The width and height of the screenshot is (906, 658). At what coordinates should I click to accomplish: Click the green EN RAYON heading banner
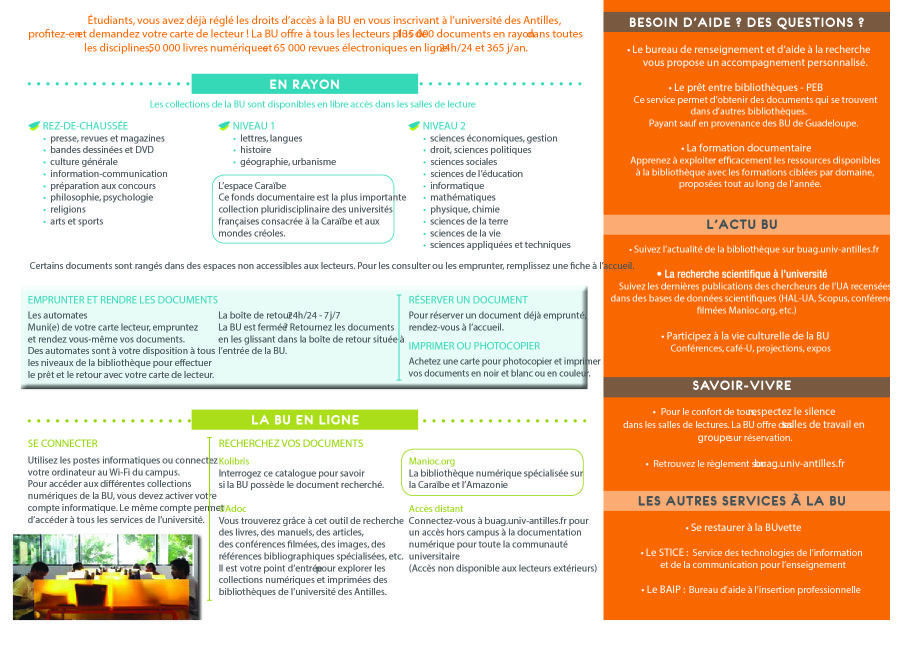click(304, 84)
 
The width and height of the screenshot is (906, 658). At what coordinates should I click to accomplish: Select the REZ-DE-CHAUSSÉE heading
click(85, 125)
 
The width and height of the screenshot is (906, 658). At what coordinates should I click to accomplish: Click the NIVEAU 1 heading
click(254, 125)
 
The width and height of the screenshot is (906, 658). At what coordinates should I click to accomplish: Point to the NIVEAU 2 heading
click(444, 125)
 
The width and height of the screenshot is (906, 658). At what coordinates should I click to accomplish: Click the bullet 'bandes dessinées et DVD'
click(102, 150)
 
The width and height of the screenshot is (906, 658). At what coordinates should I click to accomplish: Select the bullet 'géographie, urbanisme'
click(288, 162)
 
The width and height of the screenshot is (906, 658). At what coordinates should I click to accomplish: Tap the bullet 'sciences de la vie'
click(465, 233)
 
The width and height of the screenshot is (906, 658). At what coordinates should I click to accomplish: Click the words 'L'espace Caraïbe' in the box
click(252, 186)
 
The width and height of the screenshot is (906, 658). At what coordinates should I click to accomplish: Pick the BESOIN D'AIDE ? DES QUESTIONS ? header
click(747, 22)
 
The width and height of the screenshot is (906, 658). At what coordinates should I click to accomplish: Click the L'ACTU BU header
click(747, 225)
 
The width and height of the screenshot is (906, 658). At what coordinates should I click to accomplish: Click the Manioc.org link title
click(432, 461)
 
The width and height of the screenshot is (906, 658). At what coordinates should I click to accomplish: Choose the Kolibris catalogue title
click(234, 461)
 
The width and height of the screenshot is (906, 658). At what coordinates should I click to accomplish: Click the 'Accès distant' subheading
click(436, 509)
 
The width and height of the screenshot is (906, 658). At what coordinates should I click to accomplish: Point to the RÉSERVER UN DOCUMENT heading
click(468, 299)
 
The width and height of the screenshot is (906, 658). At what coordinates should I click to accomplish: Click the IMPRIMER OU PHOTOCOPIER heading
click(474, 345)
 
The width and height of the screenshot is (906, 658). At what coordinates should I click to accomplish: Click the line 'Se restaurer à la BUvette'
click(745, 527)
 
